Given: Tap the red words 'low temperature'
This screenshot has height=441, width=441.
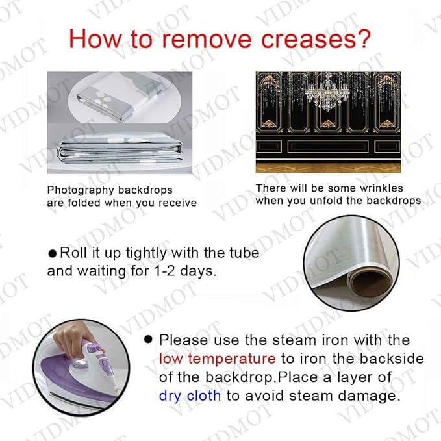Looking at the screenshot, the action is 217,359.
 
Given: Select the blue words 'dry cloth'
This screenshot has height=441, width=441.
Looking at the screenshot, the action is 190,396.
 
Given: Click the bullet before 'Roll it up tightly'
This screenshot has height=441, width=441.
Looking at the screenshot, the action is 53,254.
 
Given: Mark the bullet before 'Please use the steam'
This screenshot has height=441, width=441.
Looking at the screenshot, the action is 148,340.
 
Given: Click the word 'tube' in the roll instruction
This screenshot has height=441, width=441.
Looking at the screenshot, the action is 244,253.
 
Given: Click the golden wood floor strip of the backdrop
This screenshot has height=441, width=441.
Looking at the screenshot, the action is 328,168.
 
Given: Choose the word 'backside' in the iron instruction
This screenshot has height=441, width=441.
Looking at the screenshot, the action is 392,359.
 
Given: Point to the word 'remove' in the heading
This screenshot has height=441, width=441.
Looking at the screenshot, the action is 207,39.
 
